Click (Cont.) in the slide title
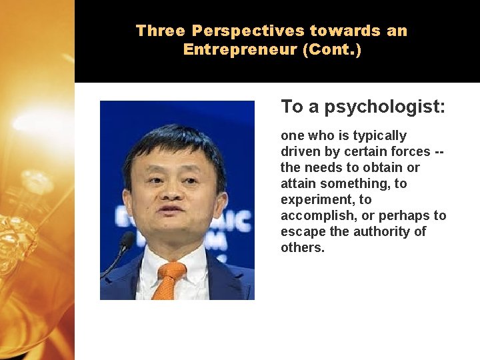(x=331, y=50)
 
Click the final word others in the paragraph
(x=302, y=248)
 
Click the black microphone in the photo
(x=124, y=244)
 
